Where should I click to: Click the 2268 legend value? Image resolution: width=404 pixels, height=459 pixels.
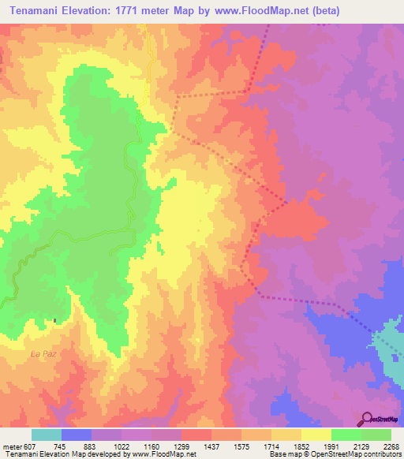tap(391, 446)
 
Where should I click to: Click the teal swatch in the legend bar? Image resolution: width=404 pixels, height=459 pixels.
tap(47, 435)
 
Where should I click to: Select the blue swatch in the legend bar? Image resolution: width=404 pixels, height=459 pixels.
tap(77, 435)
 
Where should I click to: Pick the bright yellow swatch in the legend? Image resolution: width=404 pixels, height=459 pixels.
tap(316, 435)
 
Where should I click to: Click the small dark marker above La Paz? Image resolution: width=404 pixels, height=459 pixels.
tap(54, 320)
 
